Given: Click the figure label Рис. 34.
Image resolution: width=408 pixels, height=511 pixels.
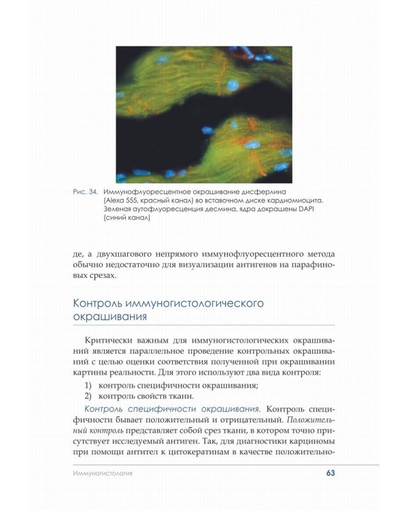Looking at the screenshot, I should click(x=86, y=192).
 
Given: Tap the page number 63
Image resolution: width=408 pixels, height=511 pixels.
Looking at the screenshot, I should click(x=330, y=473).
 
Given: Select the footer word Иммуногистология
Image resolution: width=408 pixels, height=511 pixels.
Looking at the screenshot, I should click(x=103, y=473).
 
